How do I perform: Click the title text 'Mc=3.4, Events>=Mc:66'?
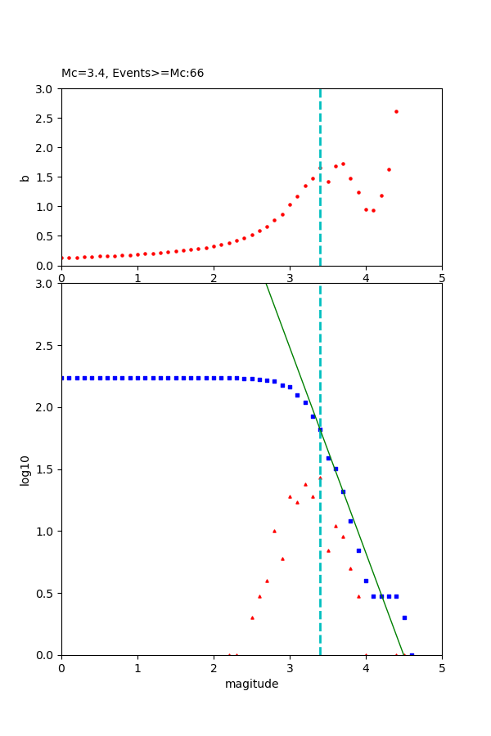click(x=133, y=74)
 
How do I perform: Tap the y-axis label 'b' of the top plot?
click(x=25, y=177)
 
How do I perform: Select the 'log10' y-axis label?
click(x=25, y=470)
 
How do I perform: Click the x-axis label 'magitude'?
click(x=251, y=684)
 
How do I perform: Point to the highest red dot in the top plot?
click(x=396, y=111)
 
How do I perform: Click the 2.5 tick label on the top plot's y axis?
click(x=46, y=119)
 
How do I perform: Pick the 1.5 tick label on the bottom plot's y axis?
click(x=46, y=469)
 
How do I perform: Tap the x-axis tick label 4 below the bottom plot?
click(x=366, y=668)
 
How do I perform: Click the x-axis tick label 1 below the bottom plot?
click(x=137, y=668)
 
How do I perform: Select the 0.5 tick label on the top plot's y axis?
click(x=46, y=236)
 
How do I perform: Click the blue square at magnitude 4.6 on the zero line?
click(x=412, y=654)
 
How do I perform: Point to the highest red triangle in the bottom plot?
click(x=320, y=478)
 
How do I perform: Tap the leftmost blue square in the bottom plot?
click(x=62, y=378)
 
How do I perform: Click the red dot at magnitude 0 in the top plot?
click(x=62, y=258)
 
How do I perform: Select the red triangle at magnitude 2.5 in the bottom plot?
click(x=252, y=617)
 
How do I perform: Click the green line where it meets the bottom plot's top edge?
click(x=266, y=285)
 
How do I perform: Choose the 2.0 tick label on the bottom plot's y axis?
click(x=46, y=407)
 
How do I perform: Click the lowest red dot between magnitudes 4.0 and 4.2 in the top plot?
click(x=373, y=210)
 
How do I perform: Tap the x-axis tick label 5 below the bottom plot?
click(x=442, y=668)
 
